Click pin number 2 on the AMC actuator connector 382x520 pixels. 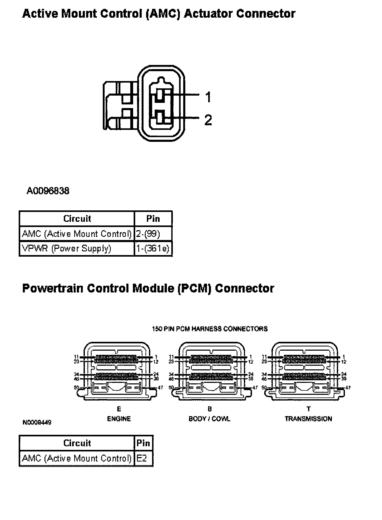[208, 120]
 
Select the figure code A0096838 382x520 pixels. [48, 191]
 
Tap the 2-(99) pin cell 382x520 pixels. [148, 234]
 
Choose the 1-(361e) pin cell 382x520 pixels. [153, 249]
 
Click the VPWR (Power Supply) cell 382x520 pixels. [67, 249]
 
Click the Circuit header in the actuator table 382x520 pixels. [77, 219]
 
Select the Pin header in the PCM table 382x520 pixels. [143, 443]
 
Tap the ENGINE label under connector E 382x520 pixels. [119, 419]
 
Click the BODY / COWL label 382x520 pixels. [209, 419]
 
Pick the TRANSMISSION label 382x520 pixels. [308, 419]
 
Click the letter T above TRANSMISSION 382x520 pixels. [309, 409]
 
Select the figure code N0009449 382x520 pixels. [37, 423]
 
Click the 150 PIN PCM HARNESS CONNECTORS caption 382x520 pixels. [210, 329]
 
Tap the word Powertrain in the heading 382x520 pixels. [53, 289]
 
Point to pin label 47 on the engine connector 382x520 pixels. [160, 388]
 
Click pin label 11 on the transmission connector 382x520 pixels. [264, 357]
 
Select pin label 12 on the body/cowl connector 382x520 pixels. [250, 362]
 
